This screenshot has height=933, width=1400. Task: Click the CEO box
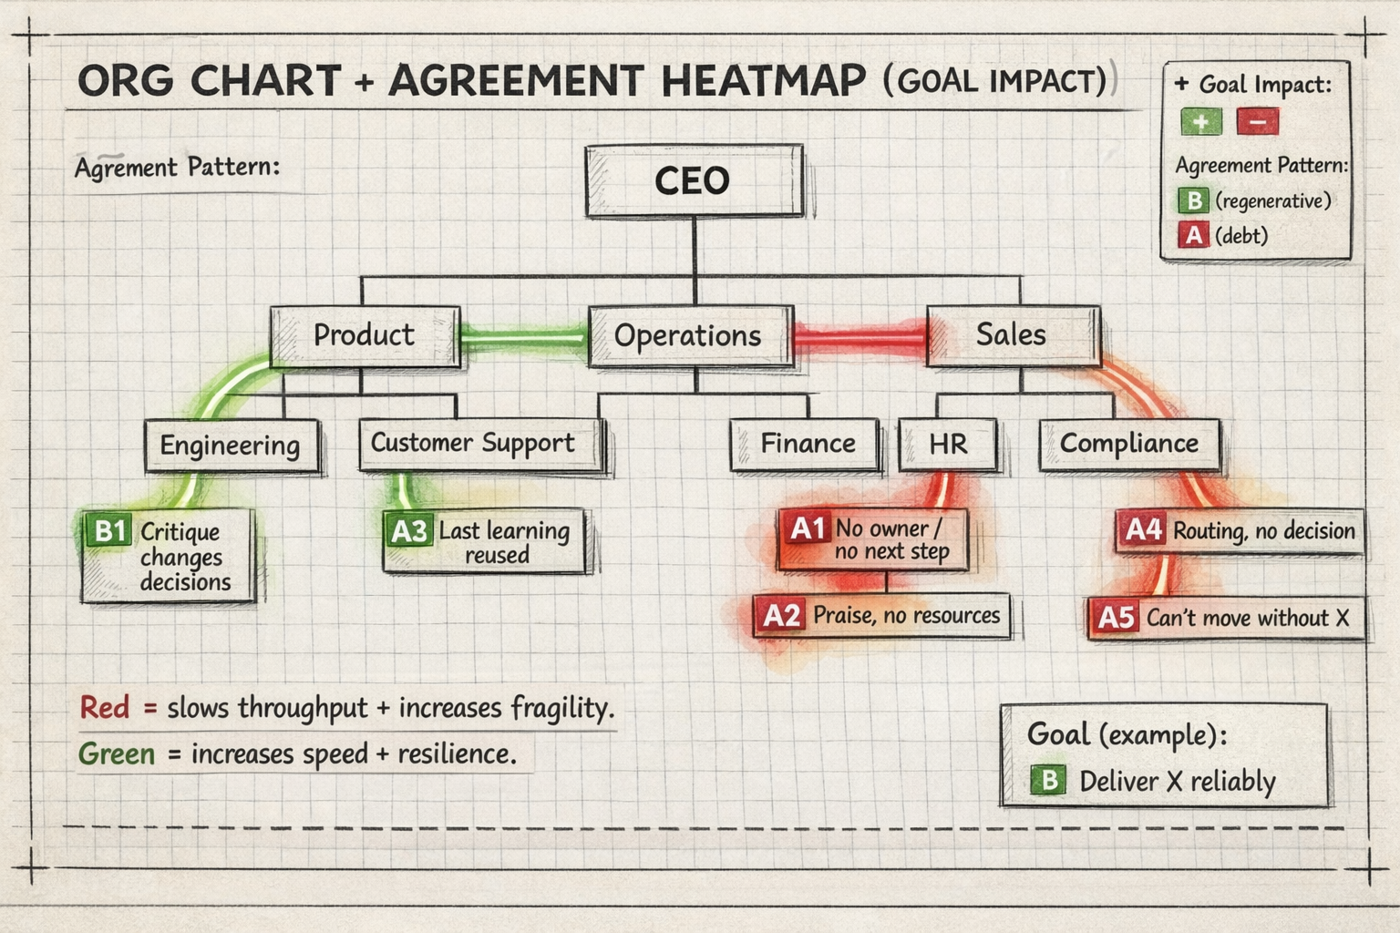[694, 180]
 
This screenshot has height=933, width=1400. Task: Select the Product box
[365, 335]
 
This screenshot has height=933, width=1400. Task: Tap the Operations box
[689, 335]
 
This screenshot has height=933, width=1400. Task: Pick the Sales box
[1013, 334]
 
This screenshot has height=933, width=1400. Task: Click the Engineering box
[231, 446]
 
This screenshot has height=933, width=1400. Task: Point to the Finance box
[806, 444]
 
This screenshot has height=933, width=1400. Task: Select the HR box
[947, 444]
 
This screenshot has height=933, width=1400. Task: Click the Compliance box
[1128, 444]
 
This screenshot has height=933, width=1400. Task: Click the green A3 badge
[407, 530]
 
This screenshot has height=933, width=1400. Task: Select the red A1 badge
[807, 528]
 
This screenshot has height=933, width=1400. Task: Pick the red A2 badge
[781, 616]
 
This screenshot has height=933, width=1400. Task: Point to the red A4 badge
[1143, 529]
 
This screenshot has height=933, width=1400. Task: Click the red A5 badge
[1116, 618]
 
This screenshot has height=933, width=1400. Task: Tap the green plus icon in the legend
[1200, 121]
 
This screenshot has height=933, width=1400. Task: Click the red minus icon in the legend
[1257, 121]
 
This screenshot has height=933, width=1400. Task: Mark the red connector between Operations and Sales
[860, 336]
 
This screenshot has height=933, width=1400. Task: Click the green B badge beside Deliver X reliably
[1048, 780]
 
